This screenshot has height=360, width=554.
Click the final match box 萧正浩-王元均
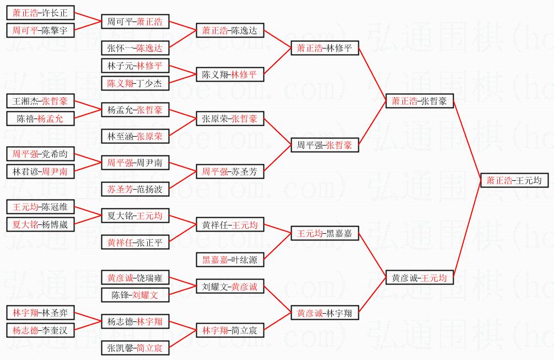click(x=514, y=180)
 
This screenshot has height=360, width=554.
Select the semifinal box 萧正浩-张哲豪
click(x=419, y=101)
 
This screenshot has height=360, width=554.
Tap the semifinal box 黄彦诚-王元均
click(x=419, y=277)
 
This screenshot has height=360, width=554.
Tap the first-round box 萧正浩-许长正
click(x=40, y=12)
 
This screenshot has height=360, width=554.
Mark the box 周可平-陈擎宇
click(x=40, y=30)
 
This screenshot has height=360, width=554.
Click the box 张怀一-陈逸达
click(x=135, y=48)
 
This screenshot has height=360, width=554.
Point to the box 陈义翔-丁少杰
click(x=135, y=83)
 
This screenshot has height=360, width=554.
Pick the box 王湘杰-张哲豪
click(x=40, y=101)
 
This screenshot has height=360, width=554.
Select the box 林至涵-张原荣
click(x=135, y=136)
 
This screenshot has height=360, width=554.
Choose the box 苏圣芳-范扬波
click(x=135, y=189)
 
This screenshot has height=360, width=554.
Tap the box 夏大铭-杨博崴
click(x=40, y=224)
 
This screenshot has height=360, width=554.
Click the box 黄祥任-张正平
click(x=135, y=242)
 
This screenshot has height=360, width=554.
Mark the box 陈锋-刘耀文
click(x=135, y=295)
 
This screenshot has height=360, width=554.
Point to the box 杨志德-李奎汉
click(x=40, y=330)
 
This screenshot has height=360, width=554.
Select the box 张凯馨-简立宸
click(x=135, y=348)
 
